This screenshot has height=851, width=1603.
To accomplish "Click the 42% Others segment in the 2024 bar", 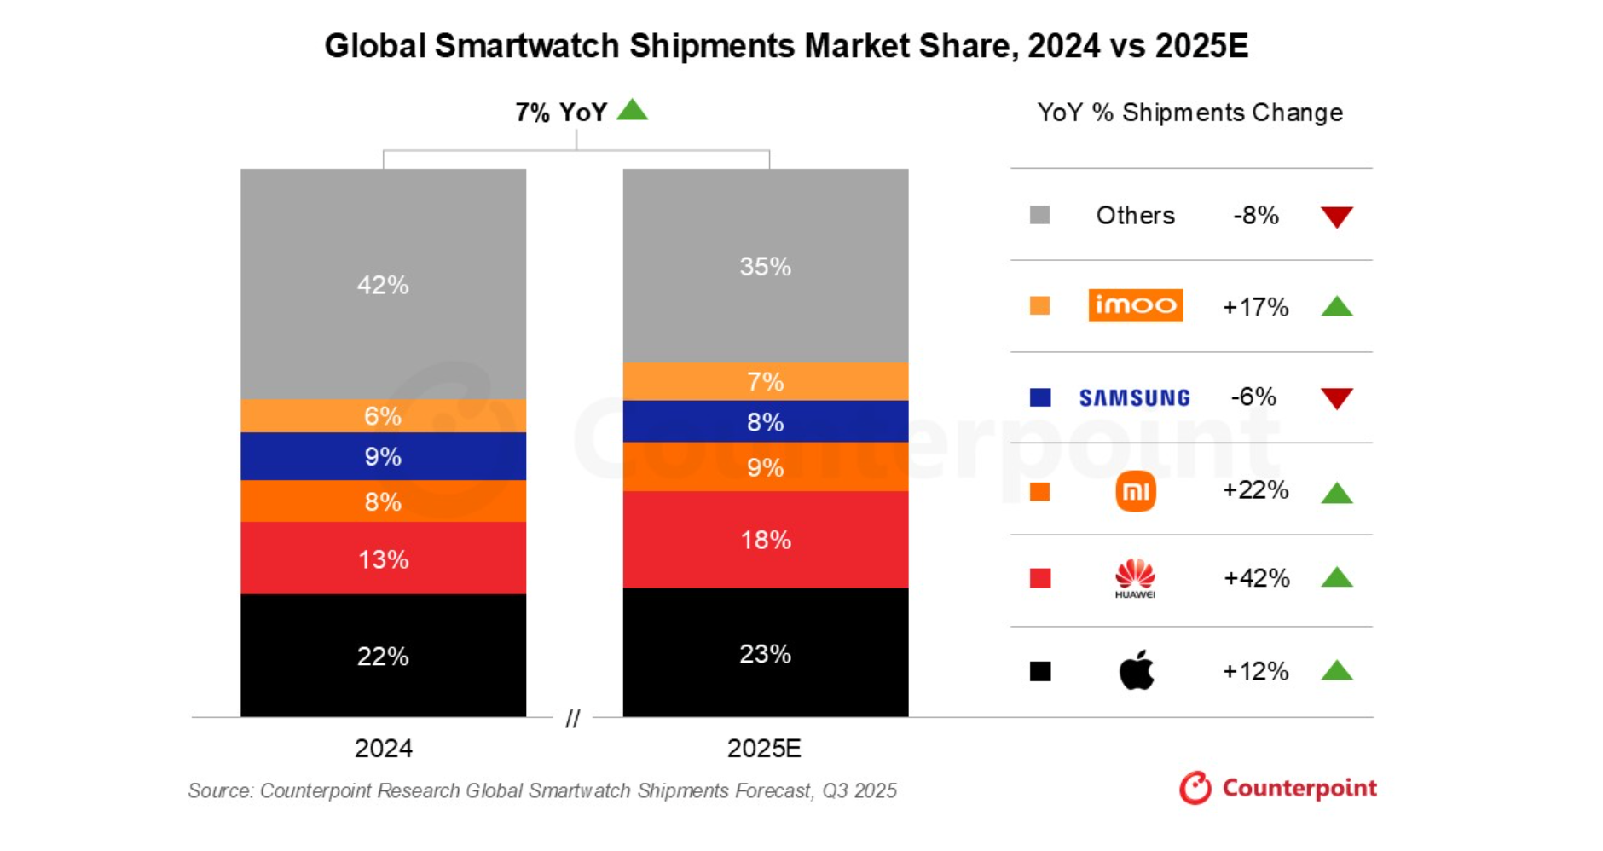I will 383,284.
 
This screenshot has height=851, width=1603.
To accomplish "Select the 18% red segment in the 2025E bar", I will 765,540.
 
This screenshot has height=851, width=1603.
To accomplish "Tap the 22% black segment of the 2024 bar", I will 383,656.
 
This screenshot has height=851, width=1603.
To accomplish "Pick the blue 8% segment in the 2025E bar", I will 765,421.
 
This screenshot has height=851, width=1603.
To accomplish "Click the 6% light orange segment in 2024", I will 383,416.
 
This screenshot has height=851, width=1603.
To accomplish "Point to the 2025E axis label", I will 764,748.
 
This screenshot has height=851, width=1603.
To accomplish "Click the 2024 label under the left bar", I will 383,748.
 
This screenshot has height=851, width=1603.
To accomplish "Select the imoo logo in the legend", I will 1135,305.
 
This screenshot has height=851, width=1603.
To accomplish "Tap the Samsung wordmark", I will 1134,397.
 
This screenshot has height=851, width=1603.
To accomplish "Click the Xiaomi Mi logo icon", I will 1135,491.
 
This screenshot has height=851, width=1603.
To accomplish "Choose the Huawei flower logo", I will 1135,577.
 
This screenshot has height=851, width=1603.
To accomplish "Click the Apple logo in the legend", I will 1136,670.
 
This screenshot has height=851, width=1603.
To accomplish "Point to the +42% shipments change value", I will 1256,578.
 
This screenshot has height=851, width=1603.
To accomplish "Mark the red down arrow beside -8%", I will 1336,217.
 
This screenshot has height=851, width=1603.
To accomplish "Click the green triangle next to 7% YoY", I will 632,110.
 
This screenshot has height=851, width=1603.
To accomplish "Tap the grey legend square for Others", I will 1039,215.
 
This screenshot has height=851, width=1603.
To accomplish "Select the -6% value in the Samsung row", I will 1253,397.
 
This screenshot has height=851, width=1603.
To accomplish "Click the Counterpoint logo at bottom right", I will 1277,788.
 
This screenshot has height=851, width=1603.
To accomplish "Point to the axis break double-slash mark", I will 572,718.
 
